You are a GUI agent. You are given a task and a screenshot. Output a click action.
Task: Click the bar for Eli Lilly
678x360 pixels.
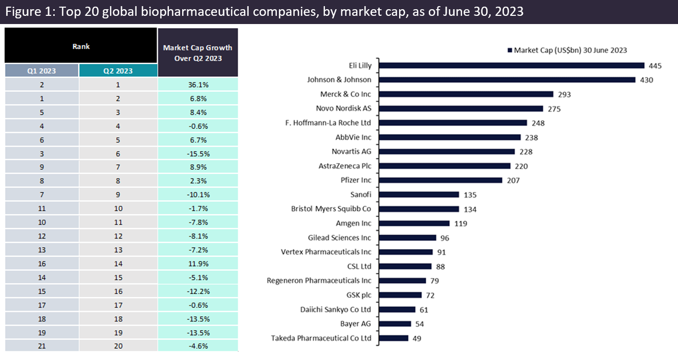512,65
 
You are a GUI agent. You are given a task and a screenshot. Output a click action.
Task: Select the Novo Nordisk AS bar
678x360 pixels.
461,108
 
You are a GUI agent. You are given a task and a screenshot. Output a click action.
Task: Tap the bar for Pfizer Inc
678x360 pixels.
441,180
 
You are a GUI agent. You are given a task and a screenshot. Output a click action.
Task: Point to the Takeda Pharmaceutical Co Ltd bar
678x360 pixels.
394,338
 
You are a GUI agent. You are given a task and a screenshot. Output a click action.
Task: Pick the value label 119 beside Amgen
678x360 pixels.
460,223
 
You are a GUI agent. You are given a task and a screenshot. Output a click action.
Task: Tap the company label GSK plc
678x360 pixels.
359,295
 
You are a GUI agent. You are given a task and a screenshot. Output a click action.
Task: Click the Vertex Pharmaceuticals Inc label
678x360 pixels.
326,252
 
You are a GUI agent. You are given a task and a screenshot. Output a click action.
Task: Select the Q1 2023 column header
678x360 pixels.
41,71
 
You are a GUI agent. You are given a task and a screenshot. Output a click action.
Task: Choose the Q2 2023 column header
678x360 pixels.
118,71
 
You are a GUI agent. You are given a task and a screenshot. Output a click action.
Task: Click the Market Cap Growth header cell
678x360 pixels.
198,53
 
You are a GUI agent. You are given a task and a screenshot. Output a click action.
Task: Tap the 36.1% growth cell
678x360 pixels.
198,84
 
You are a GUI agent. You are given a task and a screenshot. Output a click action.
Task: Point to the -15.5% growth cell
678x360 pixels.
198,154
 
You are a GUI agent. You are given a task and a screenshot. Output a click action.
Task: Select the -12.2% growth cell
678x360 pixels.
198,292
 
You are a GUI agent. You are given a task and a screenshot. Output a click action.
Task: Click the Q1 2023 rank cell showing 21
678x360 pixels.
41,347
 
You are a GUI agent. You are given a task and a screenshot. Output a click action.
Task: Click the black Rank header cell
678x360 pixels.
81,46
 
